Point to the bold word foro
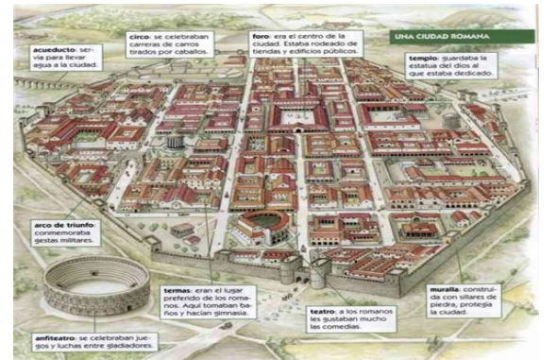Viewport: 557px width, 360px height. (x=260, y=36)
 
